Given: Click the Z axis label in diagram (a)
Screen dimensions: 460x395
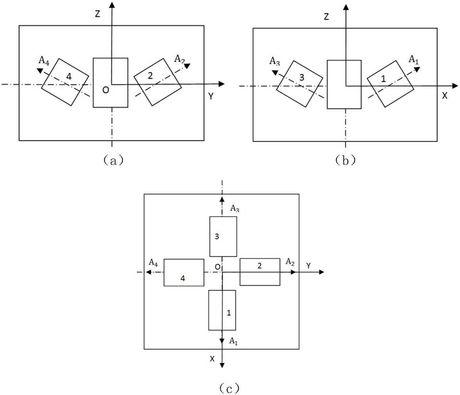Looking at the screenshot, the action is [x=97, y=14].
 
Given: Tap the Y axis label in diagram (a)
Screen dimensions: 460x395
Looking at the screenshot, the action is [x=211, y=96].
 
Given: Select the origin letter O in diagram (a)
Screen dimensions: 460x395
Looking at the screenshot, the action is [x=106, y=90].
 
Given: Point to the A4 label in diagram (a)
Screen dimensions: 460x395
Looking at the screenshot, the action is [x=44, y=61].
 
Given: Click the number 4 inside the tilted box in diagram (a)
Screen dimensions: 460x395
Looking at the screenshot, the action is [x=69, y=77].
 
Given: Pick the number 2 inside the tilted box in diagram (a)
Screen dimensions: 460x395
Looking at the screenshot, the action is [x=150, y=76].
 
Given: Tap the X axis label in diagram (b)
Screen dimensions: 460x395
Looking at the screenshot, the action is [x=445, y=96].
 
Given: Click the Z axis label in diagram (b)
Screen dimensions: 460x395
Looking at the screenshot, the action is [x=326, y=17].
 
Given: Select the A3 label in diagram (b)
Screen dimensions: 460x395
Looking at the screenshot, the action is [x=275, y=61].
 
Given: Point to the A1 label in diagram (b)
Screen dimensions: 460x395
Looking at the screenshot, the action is [x=413, y=60].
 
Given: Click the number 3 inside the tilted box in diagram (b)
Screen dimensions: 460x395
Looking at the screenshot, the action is [x=302, y=78].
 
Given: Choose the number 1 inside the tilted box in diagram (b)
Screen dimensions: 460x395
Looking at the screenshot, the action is [x=383, y=79].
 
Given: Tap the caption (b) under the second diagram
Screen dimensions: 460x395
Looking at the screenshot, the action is [x=345, y=160].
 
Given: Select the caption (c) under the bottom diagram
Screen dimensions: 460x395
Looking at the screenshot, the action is [x=229, y=388].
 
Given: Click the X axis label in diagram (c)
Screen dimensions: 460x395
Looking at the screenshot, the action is [x=212, y=359].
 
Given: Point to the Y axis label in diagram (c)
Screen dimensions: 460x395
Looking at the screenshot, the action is [x=308, y=266].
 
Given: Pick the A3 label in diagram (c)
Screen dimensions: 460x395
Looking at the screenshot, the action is [x=235, y=209].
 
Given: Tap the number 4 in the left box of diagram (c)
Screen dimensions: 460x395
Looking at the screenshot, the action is [x=183, y=279].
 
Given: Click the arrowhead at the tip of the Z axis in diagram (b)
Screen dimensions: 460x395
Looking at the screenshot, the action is [x=346, y=7].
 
